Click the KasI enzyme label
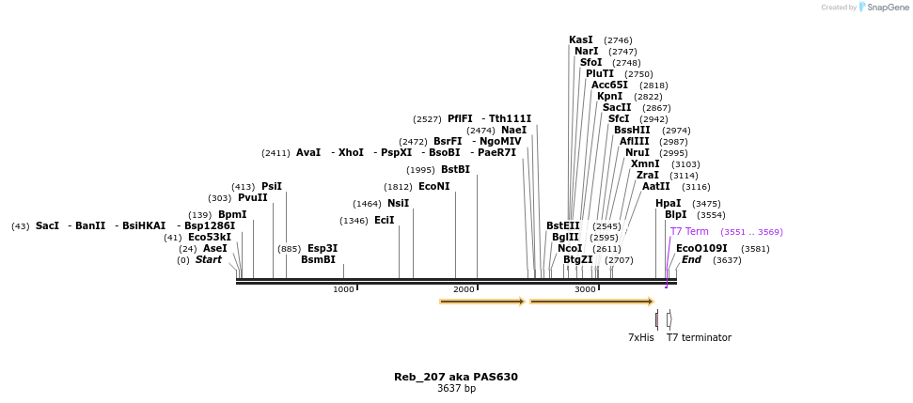[581, 40]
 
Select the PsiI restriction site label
[272, 187]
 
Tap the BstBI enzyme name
[455, 170]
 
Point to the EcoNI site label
[434, 187]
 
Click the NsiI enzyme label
[398, 204]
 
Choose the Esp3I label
[323, 249]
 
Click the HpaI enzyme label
[669, 204]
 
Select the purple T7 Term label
[689, 232]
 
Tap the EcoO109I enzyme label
[701, 249]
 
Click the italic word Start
[209, 260]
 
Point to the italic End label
[691, 260]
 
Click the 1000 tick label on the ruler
[343, 289]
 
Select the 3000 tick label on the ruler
[585, 289]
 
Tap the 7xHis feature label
[641, 338]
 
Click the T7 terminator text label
[699, 338]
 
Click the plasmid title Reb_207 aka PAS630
[456, 378]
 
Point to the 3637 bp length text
[456, 389]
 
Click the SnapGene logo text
[888, 8]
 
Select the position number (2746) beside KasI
[618, 40]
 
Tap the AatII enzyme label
[656, 187]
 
